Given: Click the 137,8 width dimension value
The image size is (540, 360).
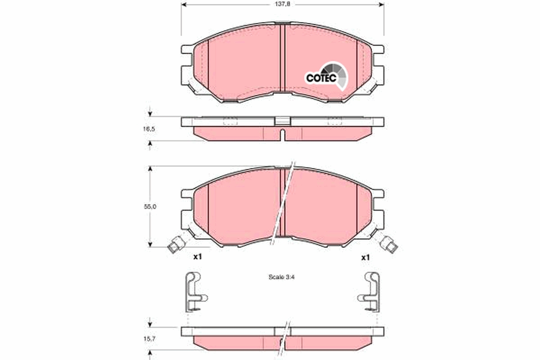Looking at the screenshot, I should tap(282, 5).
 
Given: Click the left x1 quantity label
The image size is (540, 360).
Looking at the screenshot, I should tap(197, 257).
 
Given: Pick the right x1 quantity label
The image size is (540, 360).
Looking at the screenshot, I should tap(365, 257).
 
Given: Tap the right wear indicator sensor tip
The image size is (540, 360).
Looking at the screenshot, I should tap(390, 245).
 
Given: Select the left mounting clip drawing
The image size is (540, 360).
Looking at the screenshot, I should tap(194, 292).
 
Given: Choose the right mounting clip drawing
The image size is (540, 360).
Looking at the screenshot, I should tap(370, 292).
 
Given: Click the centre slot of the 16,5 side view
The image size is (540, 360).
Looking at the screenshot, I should tap(282, 134).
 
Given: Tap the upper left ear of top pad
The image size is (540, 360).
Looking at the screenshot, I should tap(186, 49).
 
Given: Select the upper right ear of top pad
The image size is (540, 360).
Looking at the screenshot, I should tap(378, 49).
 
